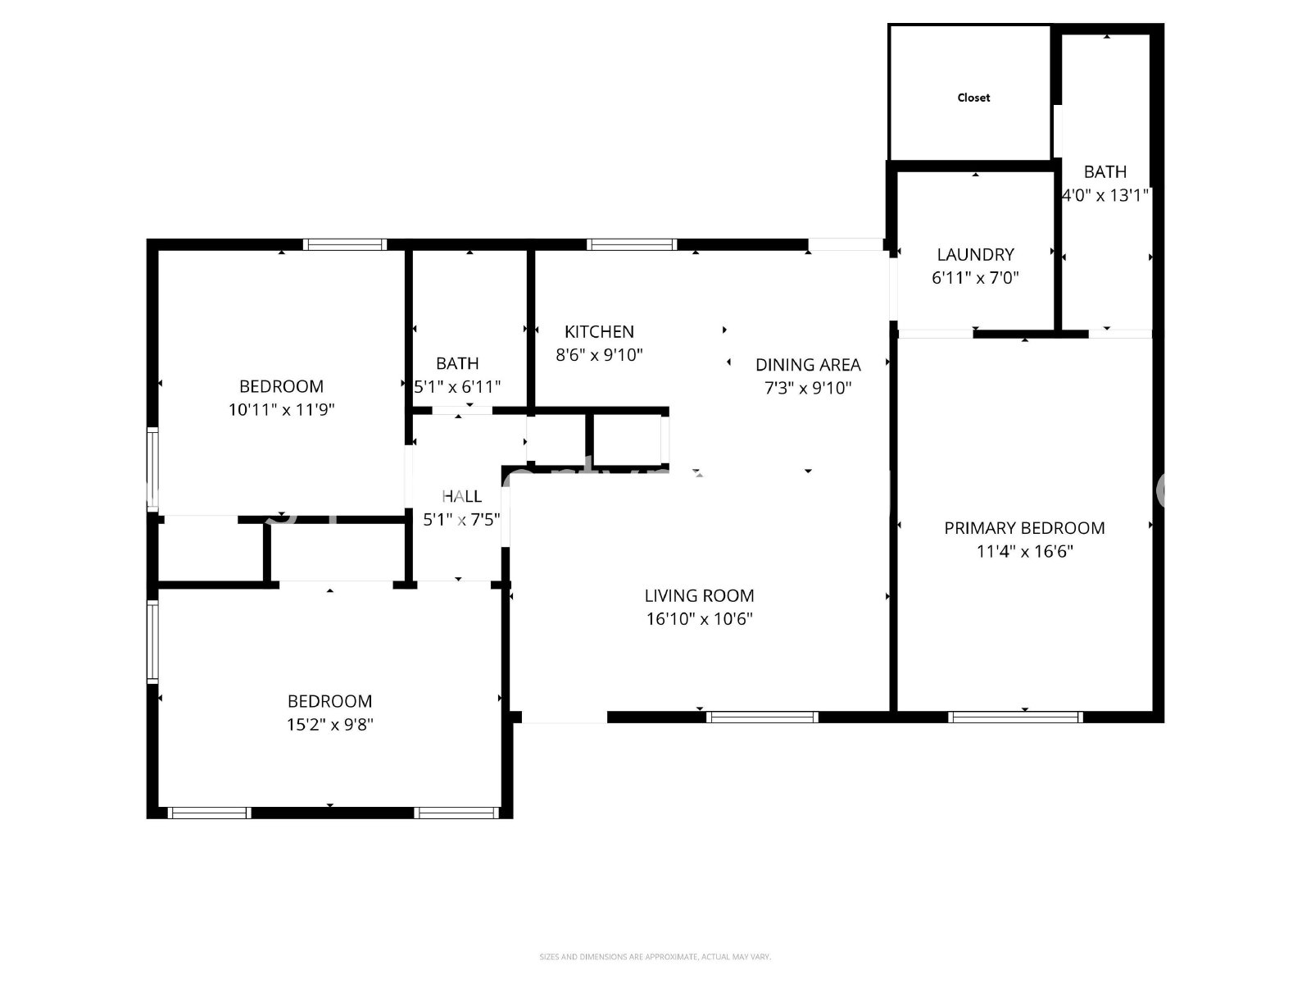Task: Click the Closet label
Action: pyautogui.click(x=973, y=98)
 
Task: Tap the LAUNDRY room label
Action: pyautogui.click(x=975, y=254)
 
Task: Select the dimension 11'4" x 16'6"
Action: pyautogui.click(x=1024, y=551)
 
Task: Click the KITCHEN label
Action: pyautogui.click(x=599, y=331)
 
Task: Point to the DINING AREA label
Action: pyautogui.click(x=808, y=364)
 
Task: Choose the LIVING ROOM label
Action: pyautogui.click(x=699, y=595)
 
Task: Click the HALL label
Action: pyautogui.click(x=461, y=496)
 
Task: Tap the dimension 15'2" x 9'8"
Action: pyautogui.click(x=330, y=724)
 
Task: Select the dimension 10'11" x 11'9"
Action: pyautogui.click(x=281, y=409)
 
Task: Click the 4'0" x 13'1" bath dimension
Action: pyautogui.click(x=1105, y=195)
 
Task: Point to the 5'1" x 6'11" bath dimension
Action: pyautogui.click(x=457, y=386)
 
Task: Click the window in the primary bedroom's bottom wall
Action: pyautogui.click(x=1015, y=717)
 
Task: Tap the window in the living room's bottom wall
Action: pyautogui.click(x=762, y=717)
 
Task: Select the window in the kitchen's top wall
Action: pyautogui.click(x=632, y=244)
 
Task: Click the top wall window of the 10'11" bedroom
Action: pyautogui.click(x=344, y=244)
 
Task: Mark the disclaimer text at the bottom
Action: pyautogui.click(x=655, y=956)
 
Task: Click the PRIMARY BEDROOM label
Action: pyautogui.click(x=1024, y=528)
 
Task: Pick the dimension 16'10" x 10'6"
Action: pyautogui.click(x=699, y=619)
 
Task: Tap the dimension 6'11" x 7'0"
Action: pyautogui.click(x=975, y=277)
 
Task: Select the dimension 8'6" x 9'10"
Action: pyautogui.click(x=599, y=355)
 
